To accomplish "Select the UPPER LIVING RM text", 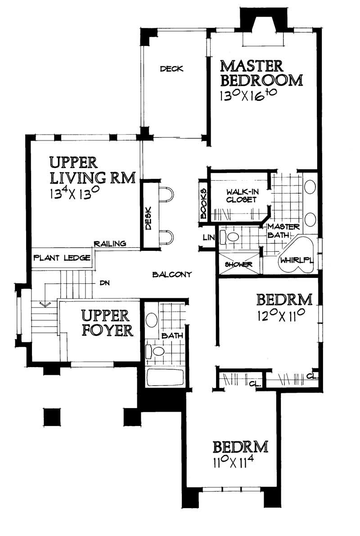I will pyautogui.click(x=91, y=170).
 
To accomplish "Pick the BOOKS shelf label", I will pyautogui.click(x=203, y=203).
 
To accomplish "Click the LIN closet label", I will pyautogui.click(x=207, y=237).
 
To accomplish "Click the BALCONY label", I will pyautogui.click(x=172, y=274).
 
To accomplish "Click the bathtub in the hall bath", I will pyautogui.click(x=165, y=377).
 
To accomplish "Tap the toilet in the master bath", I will pyautogui.click(x=232, y=236).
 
